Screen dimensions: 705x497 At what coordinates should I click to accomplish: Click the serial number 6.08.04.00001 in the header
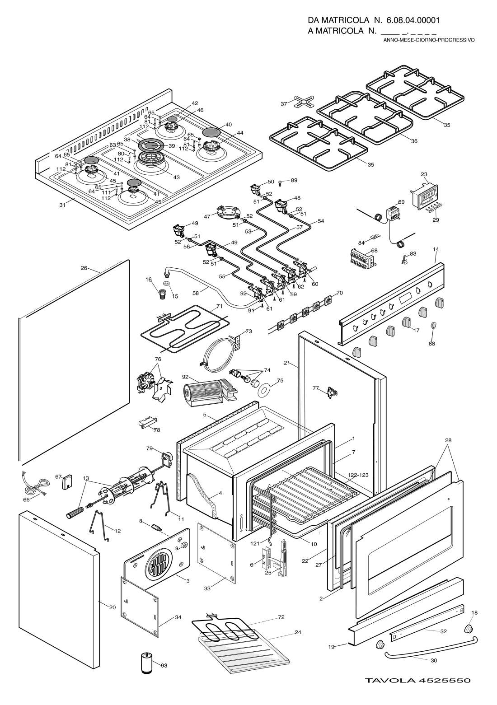click(x=413, y=20)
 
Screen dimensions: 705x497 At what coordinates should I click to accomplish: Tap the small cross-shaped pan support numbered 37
click(x=300, y=103)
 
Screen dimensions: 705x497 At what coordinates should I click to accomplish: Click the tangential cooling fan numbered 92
click(x=203, y=390)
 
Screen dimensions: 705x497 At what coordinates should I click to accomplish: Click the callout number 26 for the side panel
click(x=84, y=268)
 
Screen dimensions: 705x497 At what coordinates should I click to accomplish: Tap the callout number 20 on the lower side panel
click(x=113, y=608)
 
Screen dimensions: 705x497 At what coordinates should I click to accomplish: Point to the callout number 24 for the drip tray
click(x=298, y=632)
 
